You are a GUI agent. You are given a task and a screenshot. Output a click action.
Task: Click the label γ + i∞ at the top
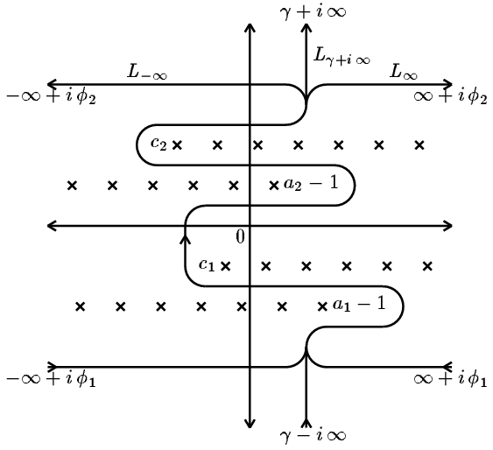313,12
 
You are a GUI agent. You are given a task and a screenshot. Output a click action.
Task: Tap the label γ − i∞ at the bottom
313,435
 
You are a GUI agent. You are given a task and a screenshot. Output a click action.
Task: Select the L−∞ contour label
147,72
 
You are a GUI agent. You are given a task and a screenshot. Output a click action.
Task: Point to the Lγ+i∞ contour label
342,57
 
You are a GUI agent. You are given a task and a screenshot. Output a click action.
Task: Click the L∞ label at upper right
404,72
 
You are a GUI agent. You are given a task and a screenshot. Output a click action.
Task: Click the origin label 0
240,236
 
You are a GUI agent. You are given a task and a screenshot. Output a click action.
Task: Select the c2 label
158,144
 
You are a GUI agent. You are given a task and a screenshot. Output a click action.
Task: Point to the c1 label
207,265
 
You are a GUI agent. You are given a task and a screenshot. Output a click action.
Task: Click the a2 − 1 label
311,183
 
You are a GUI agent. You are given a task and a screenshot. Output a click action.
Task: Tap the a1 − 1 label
359,304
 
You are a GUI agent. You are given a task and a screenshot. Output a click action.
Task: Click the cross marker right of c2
178,145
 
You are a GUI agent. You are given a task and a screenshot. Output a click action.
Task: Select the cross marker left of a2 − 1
274,186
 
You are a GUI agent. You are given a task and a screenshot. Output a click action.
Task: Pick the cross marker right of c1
225,266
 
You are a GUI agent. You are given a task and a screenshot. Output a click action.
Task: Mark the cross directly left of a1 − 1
322,306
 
